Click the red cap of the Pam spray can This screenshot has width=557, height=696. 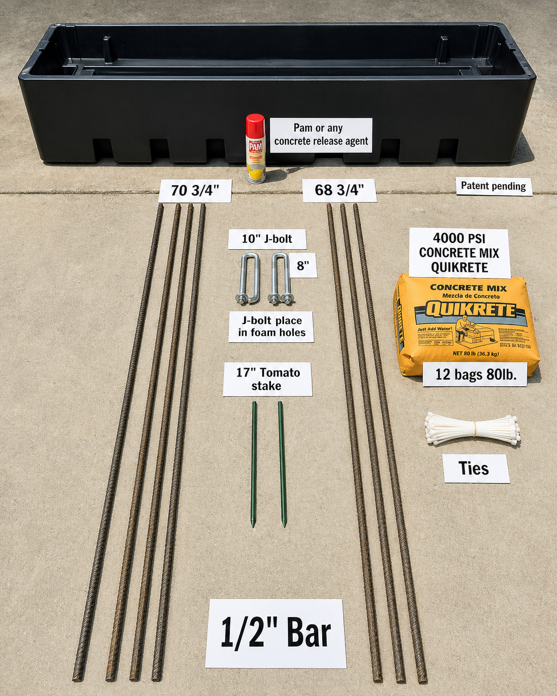pyautogui.click(x=255, y=126)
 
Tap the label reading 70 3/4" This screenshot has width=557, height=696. pyautogui.click(x=195, y=191)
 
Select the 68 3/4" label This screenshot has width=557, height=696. pyautogui.click(x=339, y=190)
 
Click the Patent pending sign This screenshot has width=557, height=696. pyautogui.click(x=493, y=186)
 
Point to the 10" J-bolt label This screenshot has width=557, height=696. pyautogui.click(x=267, y=239)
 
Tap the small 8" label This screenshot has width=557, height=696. pyautogui.click(x=303, y=266)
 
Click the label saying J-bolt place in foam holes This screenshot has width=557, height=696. pyautogui.click(x=271, y=327)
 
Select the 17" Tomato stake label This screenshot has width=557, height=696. pyautogui.click(x=268, y=379)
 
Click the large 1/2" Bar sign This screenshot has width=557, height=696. pyautogui.click(x=276, y=633)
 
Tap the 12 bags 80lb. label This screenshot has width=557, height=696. pyautogui.click(x=475, y=374)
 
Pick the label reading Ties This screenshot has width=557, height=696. pyautogui.click(x=476, y=468)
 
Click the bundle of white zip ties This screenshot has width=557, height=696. pyautogui.click(x=473, y=428)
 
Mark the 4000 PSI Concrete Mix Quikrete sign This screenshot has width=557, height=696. pyautogui.click(x=459, y=253)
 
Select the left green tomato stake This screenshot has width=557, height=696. pyautogui.click(x=254, y=464)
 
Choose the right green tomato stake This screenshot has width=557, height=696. pyautogui.click(x=282, y=464)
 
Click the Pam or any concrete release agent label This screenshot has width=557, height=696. pyautogui.click(x=321, y=135)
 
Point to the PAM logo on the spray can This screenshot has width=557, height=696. pyautogui.click(x=256, y=147)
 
